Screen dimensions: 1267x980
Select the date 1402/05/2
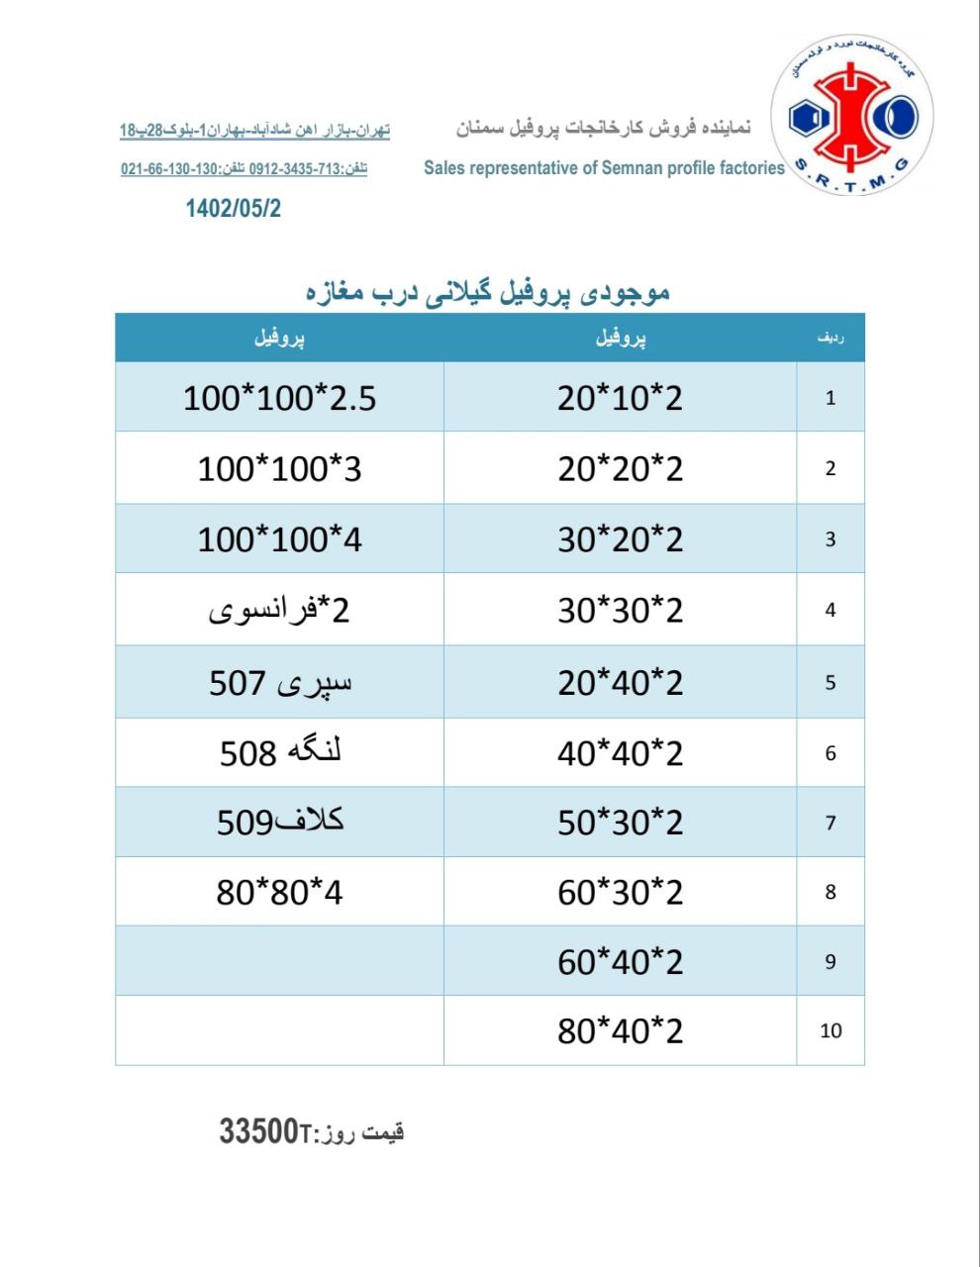coord(234,208)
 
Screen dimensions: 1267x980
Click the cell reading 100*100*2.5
coord(279,398)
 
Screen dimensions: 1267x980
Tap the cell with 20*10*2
coord(620,398)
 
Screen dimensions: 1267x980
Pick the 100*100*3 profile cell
coord(279,468)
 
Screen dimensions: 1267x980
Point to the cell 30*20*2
coord(620,539)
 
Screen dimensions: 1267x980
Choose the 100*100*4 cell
coord(279,539)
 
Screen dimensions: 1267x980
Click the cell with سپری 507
coord(279,682)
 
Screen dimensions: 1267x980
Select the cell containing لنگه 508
coord(279,753)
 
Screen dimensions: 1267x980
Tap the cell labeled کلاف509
coord(279,822)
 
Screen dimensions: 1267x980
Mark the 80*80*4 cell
coord(279,893)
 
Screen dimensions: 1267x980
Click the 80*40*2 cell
coord(620,1031)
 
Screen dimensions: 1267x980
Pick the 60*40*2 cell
coord(620,961)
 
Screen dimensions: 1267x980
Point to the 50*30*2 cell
coord(620,822)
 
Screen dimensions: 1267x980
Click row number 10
coord(831,1031)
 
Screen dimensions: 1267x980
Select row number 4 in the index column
coord(831,611)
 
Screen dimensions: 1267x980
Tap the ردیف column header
coord(831,339)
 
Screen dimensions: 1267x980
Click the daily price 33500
coord(259,1130)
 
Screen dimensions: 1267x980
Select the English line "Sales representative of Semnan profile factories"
coord(604,168)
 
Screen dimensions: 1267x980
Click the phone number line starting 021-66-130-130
coord(244,169)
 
